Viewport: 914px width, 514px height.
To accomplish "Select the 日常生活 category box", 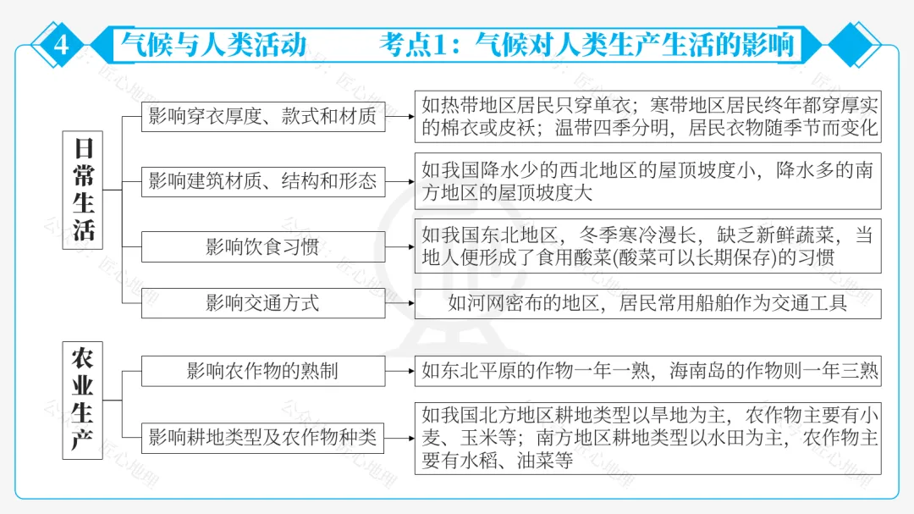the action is pyautogui.click(x=83, y=190).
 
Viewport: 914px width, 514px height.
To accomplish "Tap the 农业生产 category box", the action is pyautogui.click(x=83, y=400).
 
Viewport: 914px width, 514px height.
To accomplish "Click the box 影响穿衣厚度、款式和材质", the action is pyautogui.click(x=262, y=116).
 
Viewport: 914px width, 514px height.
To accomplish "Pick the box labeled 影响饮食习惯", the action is pyautogui.click(x=262, y=246).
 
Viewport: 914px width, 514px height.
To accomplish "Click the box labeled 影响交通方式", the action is pyautogui.click(x=262, y=303).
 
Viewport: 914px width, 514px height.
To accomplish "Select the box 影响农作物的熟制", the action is pyautogui.click(x=262, y=371).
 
